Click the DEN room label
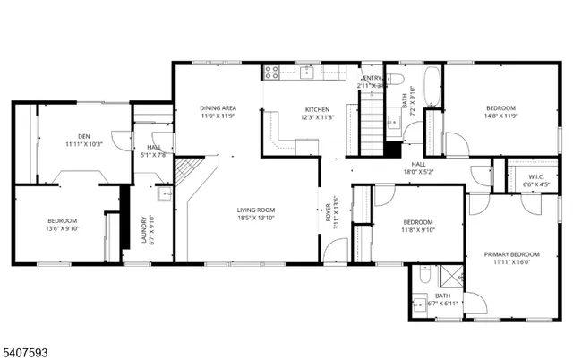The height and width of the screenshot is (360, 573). point(83,136)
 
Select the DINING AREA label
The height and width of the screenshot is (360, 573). point(218,107)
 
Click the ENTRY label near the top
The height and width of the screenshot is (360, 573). point(372,79)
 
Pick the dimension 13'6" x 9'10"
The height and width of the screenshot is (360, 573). point(63,228)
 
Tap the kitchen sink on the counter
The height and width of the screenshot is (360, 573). point(307,71)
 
